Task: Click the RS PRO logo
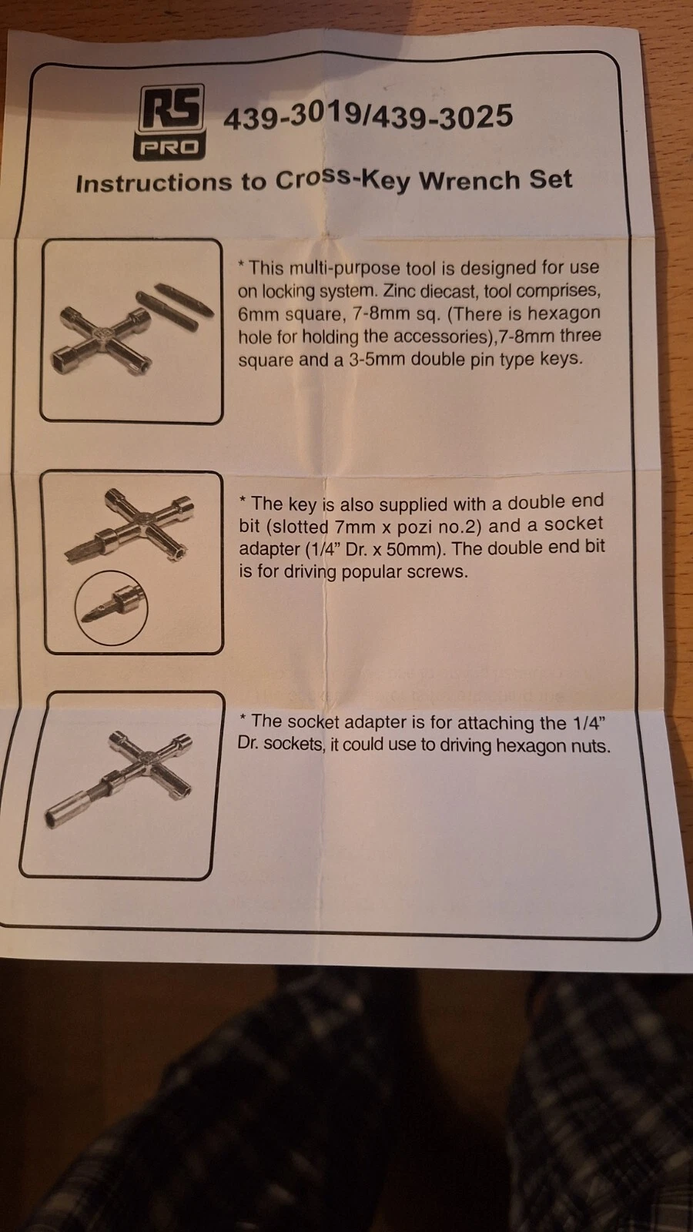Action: pos(170,122)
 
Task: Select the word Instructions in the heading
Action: pos(154,183)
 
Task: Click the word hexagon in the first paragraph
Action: pos(564,313)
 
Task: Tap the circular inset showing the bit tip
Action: pos(112,608)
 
